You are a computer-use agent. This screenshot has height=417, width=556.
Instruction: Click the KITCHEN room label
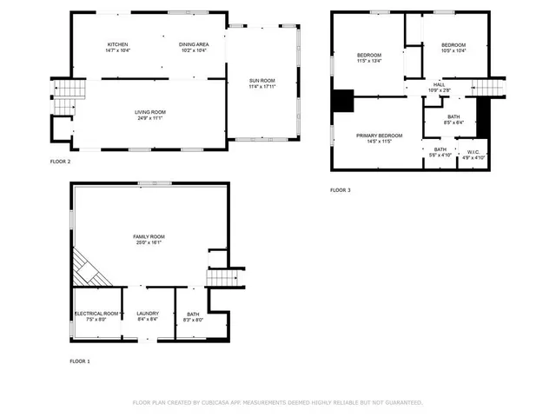click(x=118, y=44)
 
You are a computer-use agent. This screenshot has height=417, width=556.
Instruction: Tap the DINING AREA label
click(x=193, y=44)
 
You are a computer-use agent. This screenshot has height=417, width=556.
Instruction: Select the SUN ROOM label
click(x=261, y=81)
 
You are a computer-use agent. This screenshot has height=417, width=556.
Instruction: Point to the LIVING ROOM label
click(x=149, y=112)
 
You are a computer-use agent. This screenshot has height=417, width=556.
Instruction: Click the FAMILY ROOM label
click(x=149, y=236)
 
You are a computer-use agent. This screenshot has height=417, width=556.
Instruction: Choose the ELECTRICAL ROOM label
click(x=96, y=313)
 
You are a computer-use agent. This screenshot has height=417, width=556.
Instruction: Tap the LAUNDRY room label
click(x=148, y=313)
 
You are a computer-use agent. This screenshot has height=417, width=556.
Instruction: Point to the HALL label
click(x=440, y=85)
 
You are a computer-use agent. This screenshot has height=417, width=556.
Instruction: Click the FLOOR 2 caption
click(x=60, y=162)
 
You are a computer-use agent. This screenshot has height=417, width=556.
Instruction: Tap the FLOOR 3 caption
click(x=341, y=189)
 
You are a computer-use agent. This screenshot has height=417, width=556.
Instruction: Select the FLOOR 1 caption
click(x=80, y=361)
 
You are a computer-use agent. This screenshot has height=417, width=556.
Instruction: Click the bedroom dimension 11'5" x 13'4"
click(x=369, y=62)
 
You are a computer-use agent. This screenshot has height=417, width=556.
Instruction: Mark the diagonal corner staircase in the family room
click(x=89, y=265)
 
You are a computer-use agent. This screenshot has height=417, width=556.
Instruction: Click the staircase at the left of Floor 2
click(x=69, y=89)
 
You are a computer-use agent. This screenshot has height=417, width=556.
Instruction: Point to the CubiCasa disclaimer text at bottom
click(x=277, y=402)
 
